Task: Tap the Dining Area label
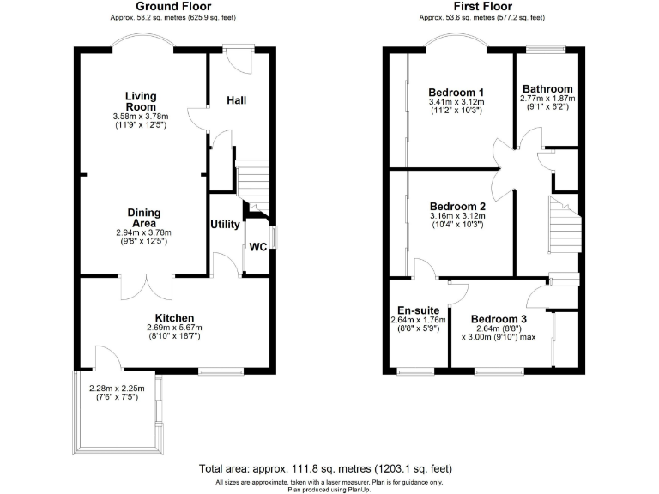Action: click(x=144, y=218)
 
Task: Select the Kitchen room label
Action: click(x=174, y=317)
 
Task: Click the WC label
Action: click(x=257, y=247)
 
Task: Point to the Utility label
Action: click(x=225, y=225)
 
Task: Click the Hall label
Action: click(x=237, y=100)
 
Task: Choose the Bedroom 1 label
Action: click(x=457, y=93)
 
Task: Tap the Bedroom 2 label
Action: click(x=457, y=207)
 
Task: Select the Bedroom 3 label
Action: click(x=499, y=319)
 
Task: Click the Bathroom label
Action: click(x=547, y=89)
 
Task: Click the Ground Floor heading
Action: click(x=174, y=7)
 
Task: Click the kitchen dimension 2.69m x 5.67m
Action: click(x=174, y=328)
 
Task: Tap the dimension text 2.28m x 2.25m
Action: click(x=117, y=388)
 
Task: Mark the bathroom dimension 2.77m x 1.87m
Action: click(x=547, y=99)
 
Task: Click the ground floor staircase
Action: click(x=253, y=184)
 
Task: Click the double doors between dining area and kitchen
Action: click(x=145, y=286)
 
